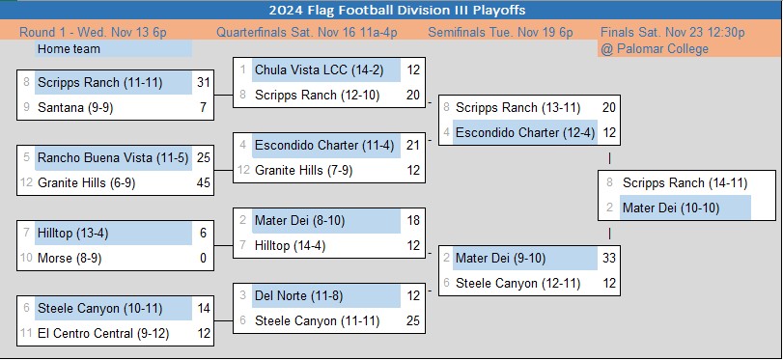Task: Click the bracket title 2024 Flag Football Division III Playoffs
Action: tap(397, 10)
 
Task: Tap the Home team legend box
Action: tap(113, 49)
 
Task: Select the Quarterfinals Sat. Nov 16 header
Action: tap(307, 33)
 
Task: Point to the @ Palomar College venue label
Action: tap(655, 49)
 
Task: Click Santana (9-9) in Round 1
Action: tap(75, 107)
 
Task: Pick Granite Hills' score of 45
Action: tap(204, 182)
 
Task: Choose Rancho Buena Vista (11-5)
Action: tap(113, 157)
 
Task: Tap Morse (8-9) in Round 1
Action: tap(70, 258)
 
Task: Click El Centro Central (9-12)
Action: tap(103, 333)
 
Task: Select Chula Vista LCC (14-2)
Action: tap(320, 69)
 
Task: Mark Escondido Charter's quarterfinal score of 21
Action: tap(413, 146)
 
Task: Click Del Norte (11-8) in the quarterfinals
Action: tap(298, 295)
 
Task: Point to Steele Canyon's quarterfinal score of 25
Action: tap(413, 320)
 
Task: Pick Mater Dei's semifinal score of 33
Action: tap(608, 258)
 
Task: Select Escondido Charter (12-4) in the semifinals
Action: tap(525, 133)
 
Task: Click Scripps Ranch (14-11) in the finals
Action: tap(685, 182)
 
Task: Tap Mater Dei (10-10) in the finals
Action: tap(671, 208)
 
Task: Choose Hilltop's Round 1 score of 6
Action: tap(204, 234)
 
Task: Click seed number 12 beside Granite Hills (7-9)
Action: tap(243, 170)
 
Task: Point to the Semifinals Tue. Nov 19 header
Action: tap(500, 33)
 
